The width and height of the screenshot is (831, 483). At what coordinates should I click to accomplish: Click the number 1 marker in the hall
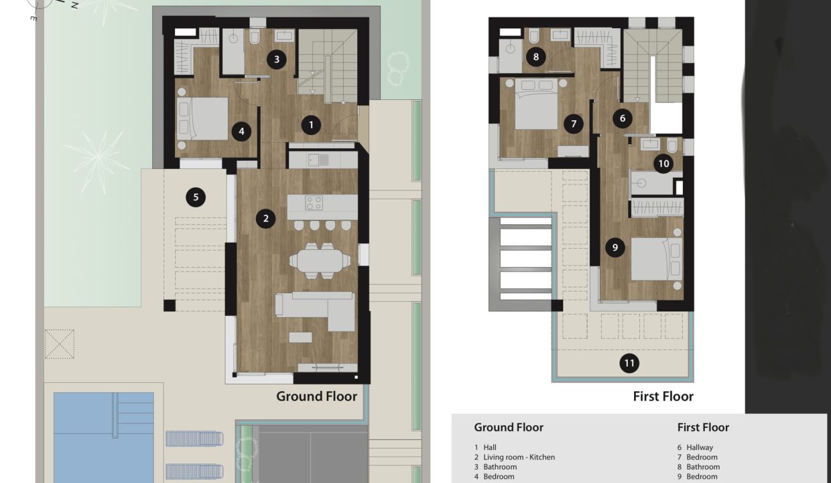pyautogui.click(x=311, y=125)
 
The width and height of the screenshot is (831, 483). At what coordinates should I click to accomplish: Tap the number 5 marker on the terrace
pyautogui.click(x=196, y=197)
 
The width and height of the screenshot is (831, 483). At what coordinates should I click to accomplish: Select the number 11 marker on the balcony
pyautogui.click(x=629, y=363)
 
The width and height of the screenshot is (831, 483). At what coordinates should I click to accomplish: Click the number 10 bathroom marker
pyautogui.click(x=663, y=164)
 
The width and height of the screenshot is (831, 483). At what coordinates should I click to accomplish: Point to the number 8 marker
pyautogui.click(x=535, y=57)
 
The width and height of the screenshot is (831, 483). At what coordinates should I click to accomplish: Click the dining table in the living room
pyautogui.click(x=320, y=261)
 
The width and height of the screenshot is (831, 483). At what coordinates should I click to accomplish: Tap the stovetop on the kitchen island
pyautogui.click(x=314, y=203)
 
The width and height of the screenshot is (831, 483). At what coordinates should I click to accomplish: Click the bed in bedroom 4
pyautogui.click(x=202, y=119)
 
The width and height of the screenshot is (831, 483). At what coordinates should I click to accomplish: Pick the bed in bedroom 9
pyautogui.click(x=657, y=259)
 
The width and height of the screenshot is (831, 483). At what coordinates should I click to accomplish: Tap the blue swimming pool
pyautogui.click(x=104, y=437)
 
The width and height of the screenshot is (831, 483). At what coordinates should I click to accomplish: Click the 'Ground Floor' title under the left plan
pyautogui.click(x=316, y=396)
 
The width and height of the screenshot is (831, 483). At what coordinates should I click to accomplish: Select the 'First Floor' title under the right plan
pyautogui.click(x=663, y=396)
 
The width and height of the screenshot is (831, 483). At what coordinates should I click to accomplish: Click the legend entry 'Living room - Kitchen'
pyautogui.click(x=519, y=457)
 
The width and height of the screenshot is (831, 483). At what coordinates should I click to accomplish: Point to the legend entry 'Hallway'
pyautogui.click(x=700, y=447)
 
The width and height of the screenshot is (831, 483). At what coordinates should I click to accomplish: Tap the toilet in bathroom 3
pyautogui.click(x=255, y=37)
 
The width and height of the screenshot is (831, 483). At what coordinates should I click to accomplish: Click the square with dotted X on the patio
pyautogui.click(x=60, y=343)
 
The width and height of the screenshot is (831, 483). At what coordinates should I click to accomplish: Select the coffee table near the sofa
pyautogui.click(x=300, y=337)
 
